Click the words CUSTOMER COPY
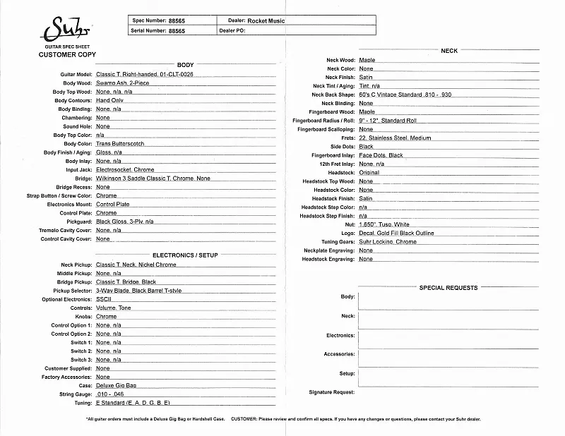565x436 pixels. (67, 54)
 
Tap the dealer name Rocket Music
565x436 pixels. (266, 20)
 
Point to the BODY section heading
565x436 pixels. (185, 65)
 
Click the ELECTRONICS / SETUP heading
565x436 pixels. (185, 254)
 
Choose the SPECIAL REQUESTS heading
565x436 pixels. (448, 288)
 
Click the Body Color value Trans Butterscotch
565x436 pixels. (120, 144)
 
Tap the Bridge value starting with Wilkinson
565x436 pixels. (153, 178)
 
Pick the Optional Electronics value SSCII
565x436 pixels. (105, 299)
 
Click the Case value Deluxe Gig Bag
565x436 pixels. (117, 386)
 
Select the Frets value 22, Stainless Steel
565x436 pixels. (395, 138)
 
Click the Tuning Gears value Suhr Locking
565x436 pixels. (388, 242)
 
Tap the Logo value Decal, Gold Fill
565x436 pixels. (396, 234)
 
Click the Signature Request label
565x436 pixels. (331, 392)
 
